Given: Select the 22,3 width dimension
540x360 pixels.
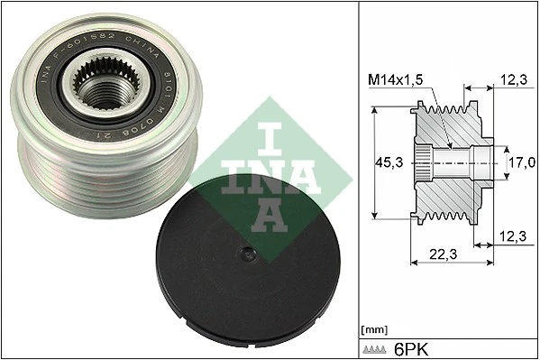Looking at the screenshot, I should (x=441, y=254).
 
